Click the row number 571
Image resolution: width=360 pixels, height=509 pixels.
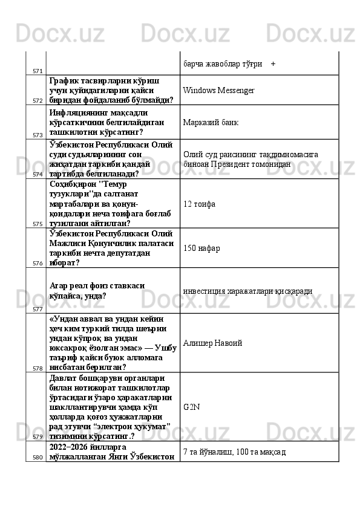pyautogui.click(x=38, y=71)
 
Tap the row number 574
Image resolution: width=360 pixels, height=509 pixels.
pyautogui.click(x=38, y=174)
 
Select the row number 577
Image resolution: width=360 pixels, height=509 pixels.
pyautogui.click(x=38, y=309)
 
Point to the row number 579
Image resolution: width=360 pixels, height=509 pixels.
pyautogui.click(x=38, y=436)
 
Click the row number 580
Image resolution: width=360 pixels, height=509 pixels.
pyautogui.click(x=38, y=458)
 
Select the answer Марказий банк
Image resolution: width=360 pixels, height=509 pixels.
pyautogui.click(x=210, y=123)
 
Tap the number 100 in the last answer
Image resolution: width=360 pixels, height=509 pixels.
pyautogui.click(x=242, y=452)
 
